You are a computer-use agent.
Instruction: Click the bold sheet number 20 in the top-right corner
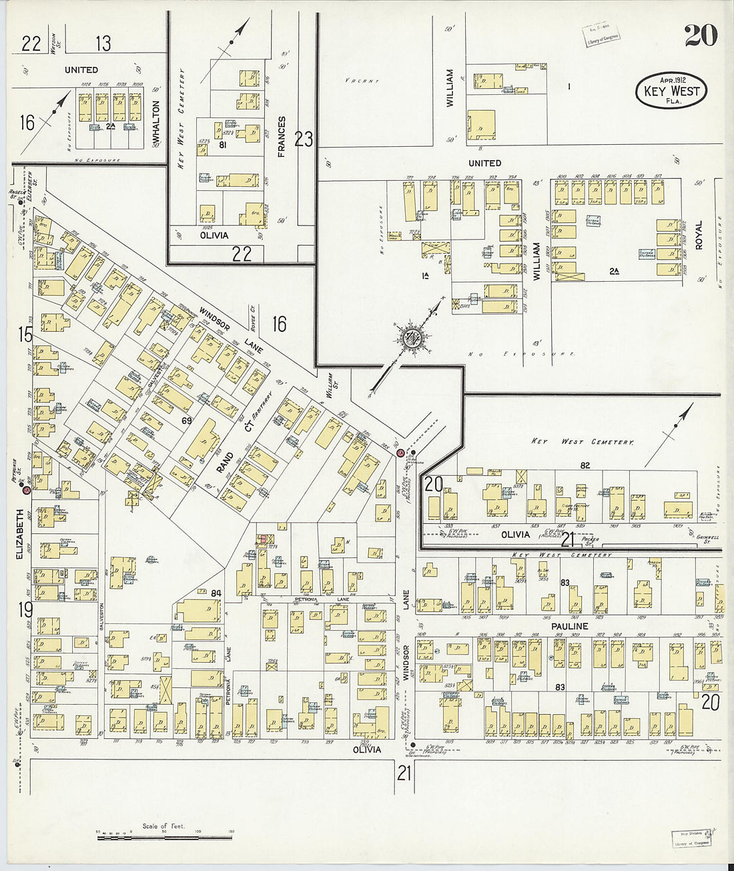click(x=701, y=35)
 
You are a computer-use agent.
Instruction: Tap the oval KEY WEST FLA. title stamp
click(x=671, y=90)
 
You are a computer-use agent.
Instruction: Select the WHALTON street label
click(x=156, y=120)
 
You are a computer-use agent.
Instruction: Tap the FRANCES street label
click(x=282, y=136)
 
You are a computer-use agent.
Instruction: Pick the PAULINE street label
click(x=569, y=626)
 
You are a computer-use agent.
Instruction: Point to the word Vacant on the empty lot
click(x=362, y=81)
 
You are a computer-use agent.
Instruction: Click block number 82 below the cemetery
click(x=585, y=465)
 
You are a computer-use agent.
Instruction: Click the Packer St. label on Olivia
click(x=591, y=539)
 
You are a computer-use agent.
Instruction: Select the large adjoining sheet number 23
click(x=304, y=139)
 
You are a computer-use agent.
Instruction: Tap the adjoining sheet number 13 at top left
click(x=103, y=44)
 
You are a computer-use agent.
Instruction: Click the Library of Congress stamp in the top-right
click(x=601, y=35)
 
